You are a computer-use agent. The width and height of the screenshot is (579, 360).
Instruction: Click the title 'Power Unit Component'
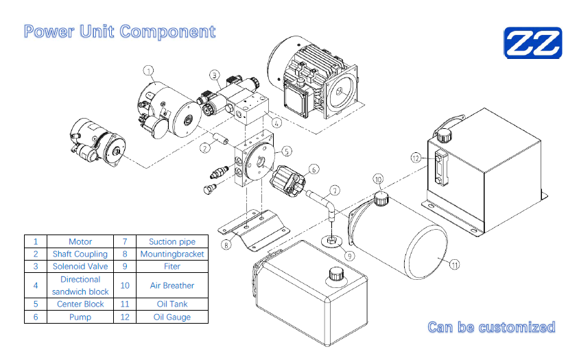coord(119,32)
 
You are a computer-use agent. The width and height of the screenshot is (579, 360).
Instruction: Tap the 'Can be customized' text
coord(491,327)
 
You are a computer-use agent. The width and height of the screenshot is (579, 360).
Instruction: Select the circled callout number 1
coord(150,70)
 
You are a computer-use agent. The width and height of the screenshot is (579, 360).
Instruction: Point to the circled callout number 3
coord(215,75)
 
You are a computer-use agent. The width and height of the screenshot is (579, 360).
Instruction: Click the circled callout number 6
coord(314,169)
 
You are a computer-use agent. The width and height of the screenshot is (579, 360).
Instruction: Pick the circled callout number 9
coord(349,256)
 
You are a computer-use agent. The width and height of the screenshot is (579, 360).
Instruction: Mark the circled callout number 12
coord(416,157)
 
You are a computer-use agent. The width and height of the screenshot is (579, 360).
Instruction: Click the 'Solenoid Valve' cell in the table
coord(80,266)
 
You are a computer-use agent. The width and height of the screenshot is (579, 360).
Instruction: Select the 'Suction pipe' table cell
coord(172,241)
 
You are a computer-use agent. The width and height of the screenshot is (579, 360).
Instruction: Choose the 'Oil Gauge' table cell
coord(172,317)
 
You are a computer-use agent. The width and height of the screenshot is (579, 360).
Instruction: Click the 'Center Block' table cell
coord(80,304)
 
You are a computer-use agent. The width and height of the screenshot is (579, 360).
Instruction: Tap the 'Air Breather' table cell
coord(172,285)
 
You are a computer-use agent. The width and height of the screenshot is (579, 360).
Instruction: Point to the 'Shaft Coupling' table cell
coord(80,254)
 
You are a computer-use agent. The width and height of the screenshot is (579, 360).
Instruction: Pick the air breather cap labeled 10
coord(381,200)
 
